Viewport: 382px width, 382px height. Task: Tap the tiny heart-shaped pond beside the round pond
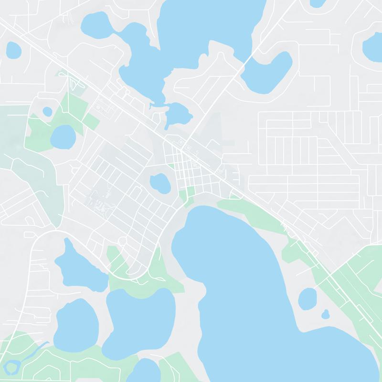(326, 314)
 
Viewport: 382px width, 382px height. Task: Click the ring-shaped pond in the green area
(15, 367)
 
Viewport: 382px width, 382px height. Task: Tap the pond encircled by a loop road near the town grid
(160, 182)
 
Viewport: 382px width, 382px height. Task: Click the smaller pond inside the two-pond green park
(47, 112)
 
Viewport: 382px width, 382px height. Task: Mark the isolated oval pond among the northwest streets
(14, 49)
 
